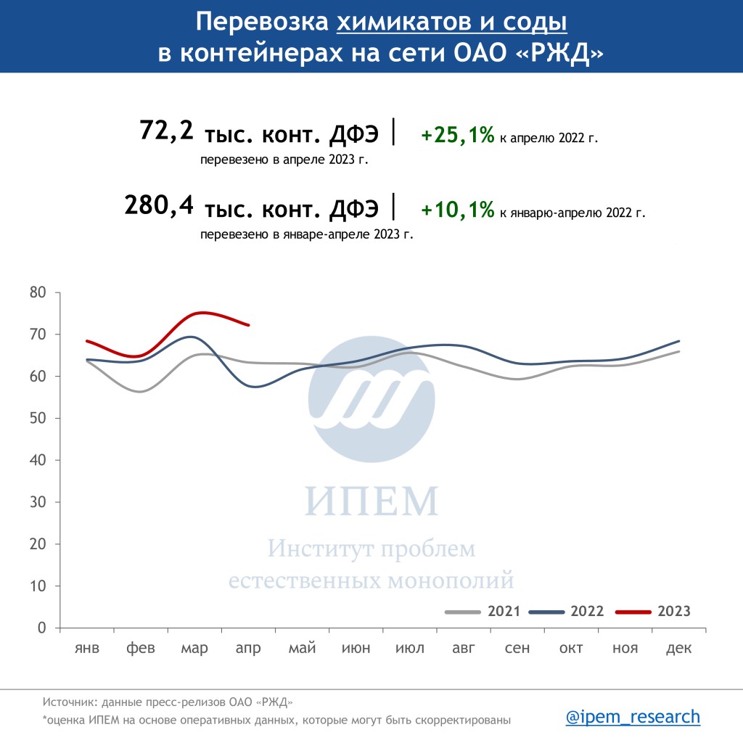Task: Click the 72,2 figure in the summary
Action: coord(166,131)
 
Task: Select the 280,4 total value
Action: coord(159,205)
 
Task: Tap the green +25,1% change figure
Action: coord(457,135)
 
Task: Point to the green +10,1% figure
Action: coord(457,210)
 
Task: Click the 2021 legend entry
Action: coord(504,611)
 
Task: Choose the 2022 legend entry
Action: coord(587,611)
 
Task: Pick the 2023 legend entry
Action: coord(673,611)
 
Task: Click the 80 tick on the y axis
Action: coord(38,293)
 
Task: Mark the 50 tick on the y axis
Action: coord(38,419)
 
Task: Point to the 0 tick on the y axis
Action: coord(41,628)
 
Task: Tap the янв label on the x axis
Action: coord(87,648)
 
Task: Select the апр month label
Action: coord(248,648)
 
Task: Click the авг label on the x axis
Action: coord(463,648)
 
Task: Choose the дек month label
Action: coord(678,648)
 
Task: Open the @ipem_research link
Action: coord(633,717)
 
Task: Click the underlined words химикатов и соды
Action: coord(452,22)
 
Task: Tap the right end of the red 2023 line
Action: coord(248,325)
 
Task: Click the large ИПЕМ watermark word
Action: coord(371,501)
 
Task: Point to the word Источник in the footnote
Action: coord(70,702)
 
